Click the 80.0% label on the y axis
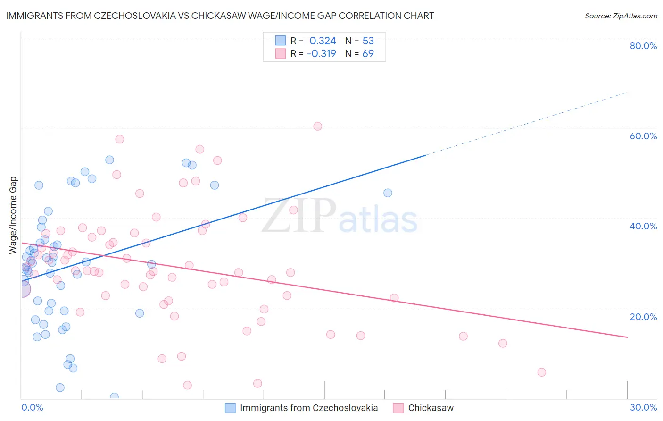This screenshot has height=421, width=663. click(x=643, y=46)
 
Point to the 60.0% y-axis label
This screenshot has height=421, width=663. click(x=643, y=136)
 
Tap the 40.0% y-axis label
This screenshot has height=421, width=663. click(x=643, y=226)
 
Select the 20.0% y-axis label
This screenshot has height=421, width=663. click(x=643, y=317)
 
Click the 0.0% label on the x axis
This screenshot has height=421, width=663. click(x=32, y=407)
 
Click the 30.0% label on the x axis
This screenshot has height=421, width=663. click(x=643, y=407)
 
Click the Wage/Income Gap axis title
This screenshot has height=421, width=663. click(x=13, y=215)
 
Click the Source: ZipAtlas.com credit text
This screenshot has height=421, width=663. click(x=621, y=16)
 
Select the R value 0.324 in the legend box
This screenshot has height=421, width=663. click(x=323, y=41)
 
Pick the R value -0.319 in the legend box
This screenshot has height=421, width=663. click(x=321, y=53)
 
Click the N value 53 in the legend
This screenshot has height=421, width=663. click(x=368, y=41)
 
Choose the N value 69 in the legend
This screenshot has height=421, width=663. click(x=368, y=53)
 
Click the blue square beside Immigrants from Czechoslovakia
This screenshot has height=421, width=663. click(x=230, y=408)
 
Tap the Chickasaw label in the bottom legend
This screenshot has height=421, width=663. click(x=431, y=408)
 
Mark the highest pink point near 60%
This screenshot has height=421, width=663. click(x=317, y=126)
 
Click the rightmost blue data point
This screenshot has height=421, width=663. click(x=388, y=193)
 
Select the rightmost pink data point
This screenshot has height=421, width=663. click(x=541, y=372)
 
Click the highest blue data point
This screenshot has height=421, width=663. click(x=109, y=160)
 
